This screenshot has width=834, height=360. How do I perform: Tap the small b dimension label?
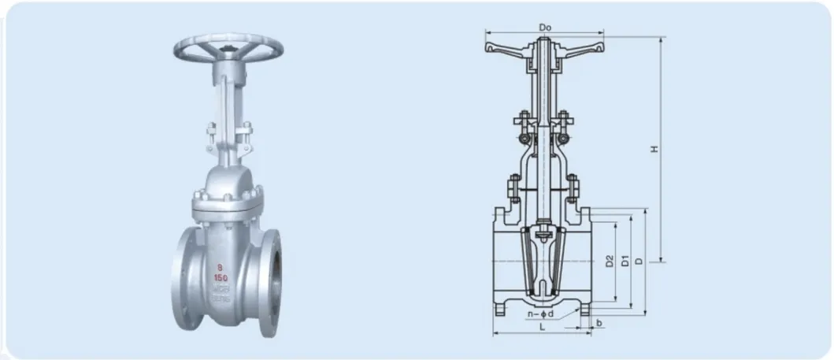(599, 323)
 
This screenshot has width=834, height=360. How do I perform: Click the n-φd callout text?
(543, 314)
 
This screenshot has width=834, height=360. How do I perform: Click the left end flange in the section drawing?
(499, 260)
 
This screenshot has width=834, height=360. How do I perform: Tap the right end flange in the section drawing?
(590, 260)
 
